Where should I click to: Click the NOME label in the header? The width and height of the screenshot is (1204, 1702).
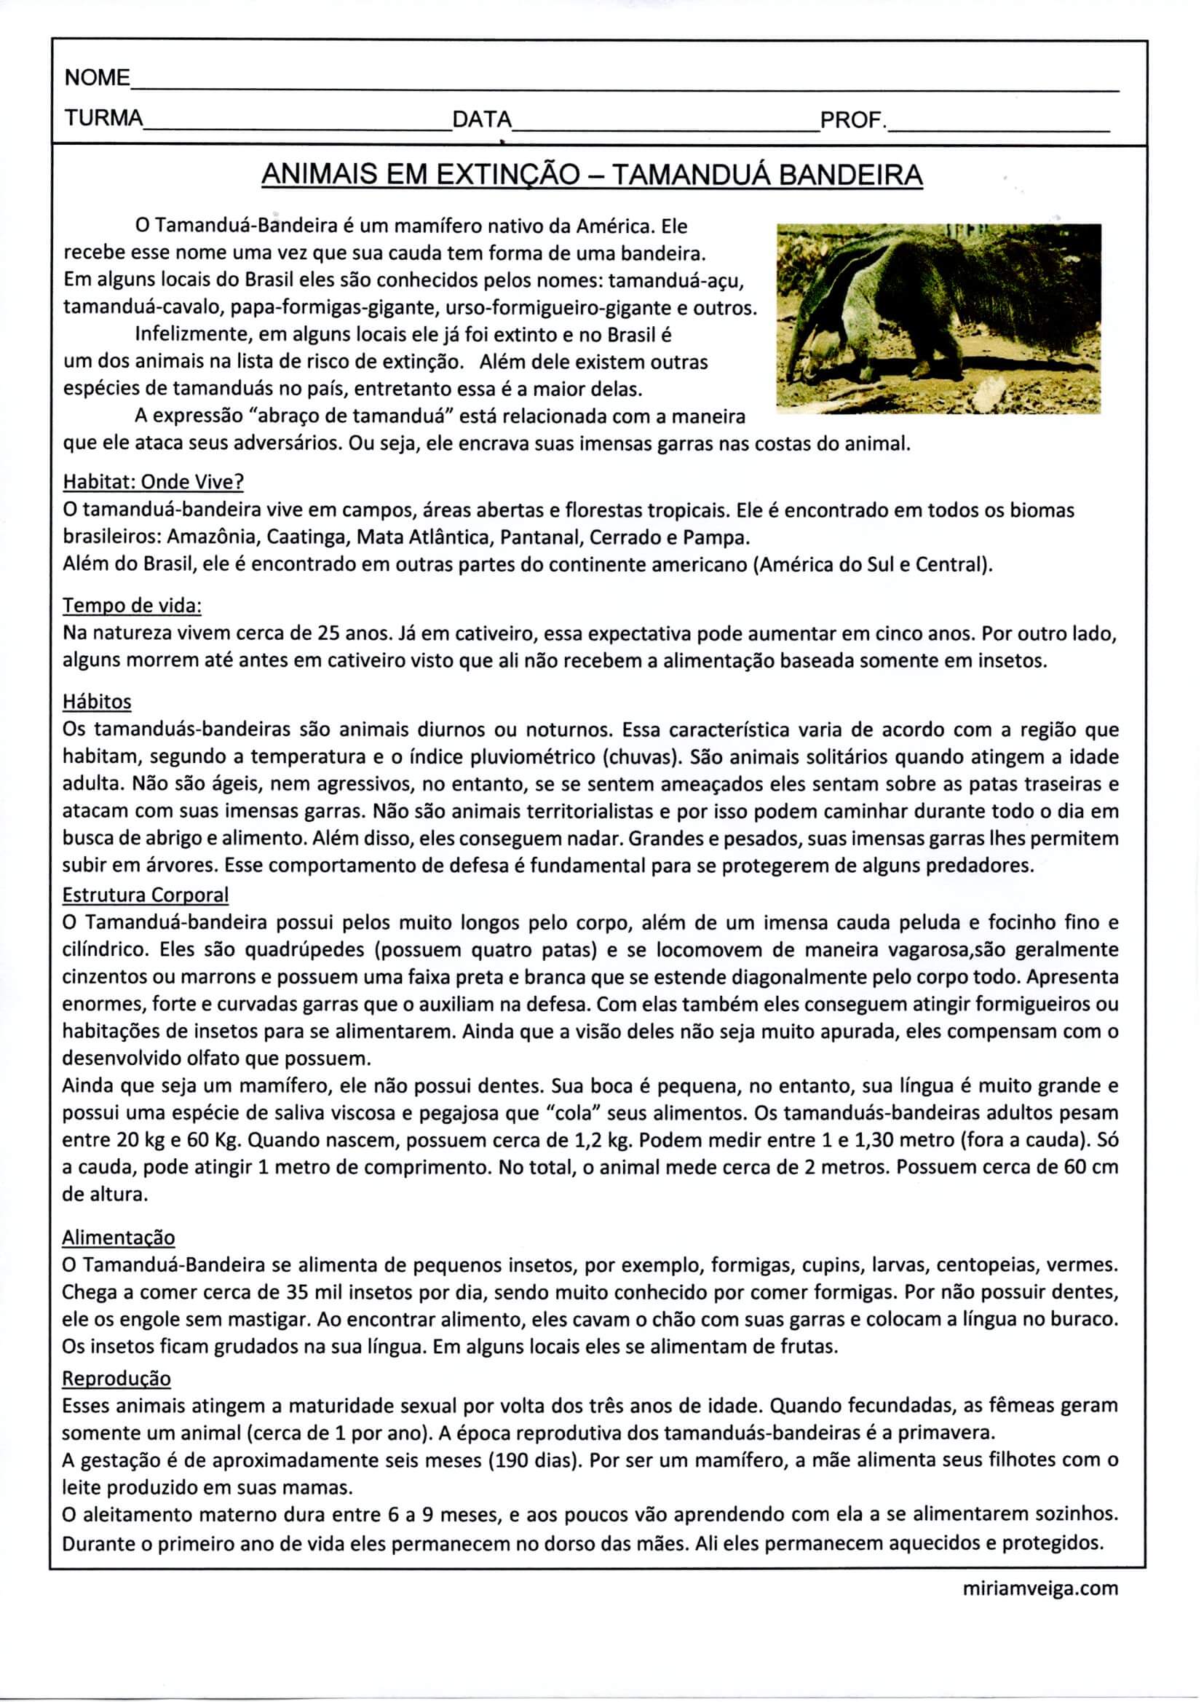(97, 78)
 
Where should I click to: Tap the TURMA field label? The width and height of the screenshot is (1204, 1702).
(103, 119)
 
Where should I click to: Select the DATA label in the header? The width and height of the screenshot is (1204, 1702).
(482, 119)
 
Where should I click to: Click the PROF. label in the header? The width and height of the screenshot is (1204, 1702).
(852, 119)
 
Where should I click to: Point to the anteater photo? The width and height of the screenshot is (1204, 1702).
(938, 318)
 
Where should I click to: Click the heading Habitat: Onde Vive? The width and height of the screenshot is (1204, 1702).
(154, 482)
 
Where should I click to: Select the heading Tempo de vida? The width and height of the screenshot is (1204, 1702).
(132, 606)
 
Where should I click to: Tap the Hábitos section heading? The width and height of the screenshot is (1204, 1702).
(96, 701)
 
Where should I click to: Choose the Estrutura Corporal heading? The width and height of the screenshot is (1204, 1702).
(146, 895)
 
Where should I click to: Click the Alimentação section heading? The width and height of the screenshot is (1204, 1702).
(119, 1238)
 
